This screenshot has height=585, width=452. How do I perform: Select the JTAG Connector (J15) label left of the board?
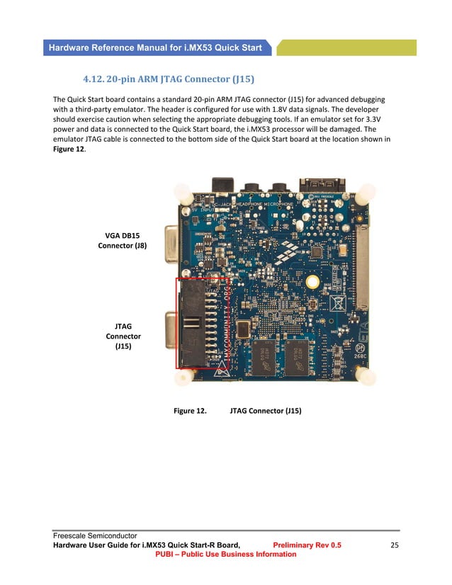(x=123, y=336)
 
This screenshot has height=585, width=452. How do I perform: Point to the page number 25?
(x=395, y=545)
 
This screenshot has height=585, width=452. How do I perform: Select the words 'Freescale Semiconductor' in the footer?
(x=94, y=535)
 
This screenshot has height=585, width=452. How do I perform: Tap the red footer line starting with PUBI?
(x=225, y=554)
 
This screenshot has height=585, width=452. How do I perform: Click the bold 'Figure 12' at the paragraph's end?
(x=69, y=149)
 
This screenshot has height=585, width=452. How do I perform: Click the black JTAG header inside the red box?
(x=193, y=323)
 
